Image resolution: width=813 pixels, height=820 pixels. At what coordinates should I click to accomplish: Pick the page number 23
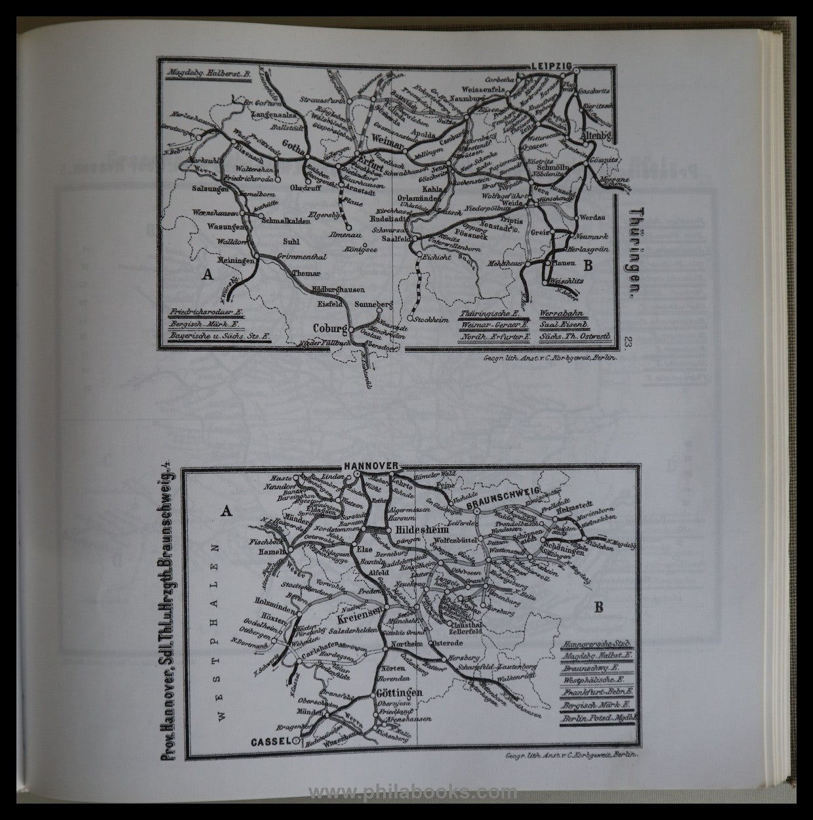629,344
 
